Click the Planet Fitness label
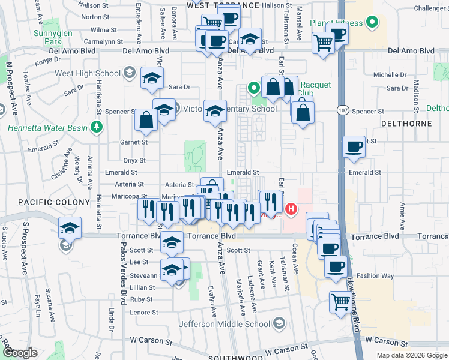pyautogui.click(x=336, y=23)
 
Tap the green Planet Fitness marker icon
pyautogui.click(x=372, y=23)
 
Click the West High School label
pyautogui.click(x=88, y=74)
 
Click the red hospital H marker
pyautogui.click(x=291, y=209)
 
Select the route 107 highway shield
pyautogui.click(x=342, y=111)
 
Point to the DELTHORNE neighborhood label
pyautogui.click(x=406, y=123)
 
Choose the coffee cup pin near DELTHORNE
pyautogui.click(x=354, y=147)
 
